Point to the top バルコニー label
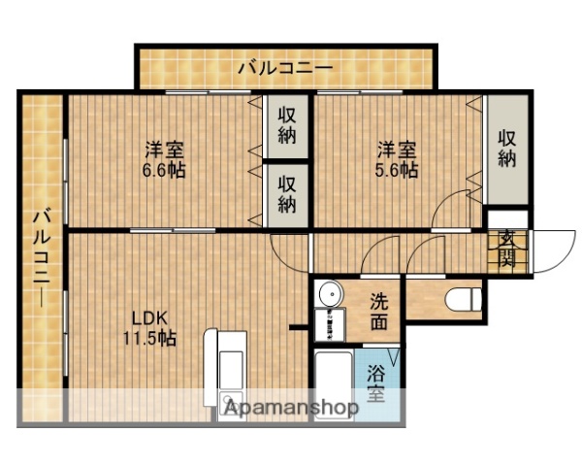tap(285, 68)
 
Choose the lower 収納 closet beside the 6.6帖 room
tap(287, 193)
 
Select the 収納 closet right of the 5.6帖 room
tap(507, 148)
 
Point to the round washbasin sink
tap(329, 294)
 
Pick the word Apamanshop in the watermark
tap(292, 407)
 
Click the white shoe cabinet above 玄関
tap(506, 218)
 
